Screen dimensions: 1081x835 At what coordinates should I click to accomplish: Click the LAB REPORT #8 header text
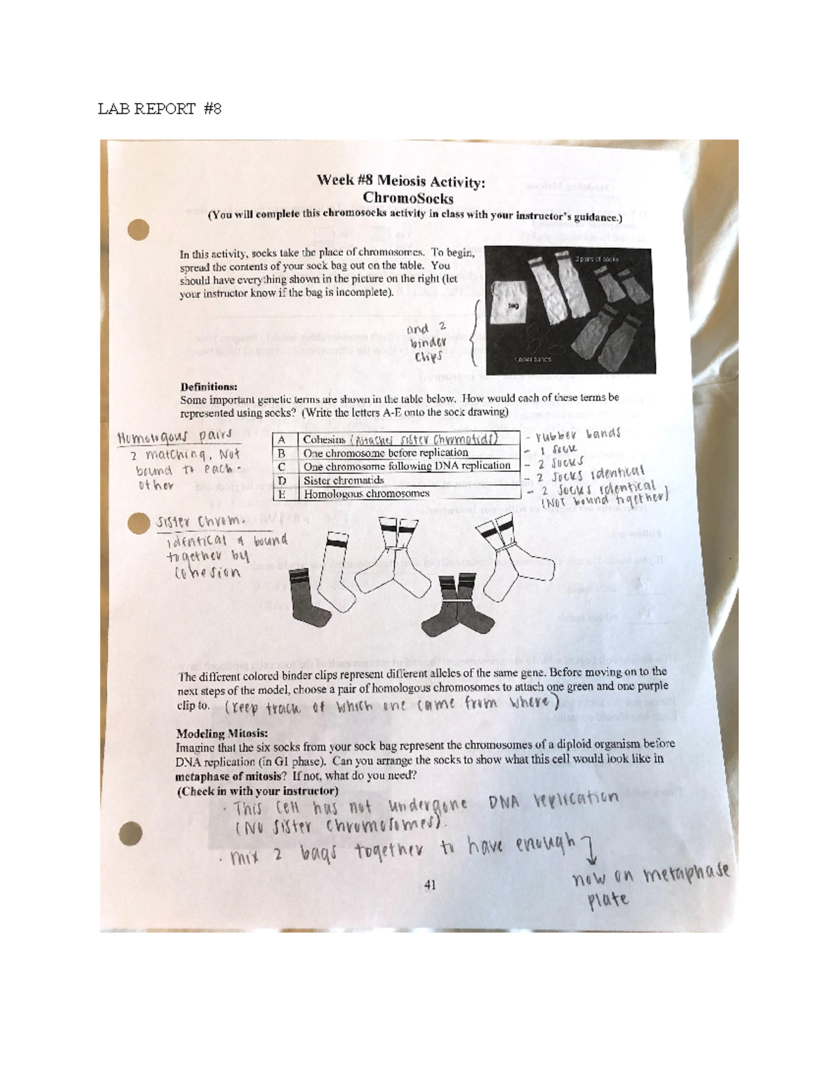click(159, 109)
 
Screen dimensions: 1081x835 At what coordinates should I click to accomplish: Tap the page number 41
click(429, 885)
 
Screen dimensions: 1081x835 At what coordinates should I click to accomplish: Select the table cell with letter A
click(282, 440)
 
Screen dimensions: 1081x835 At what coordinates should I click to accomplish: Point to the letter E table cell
click(282, 494)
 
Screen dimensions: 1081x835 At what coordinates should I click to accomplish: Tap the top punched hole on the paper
click(139, 229)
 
